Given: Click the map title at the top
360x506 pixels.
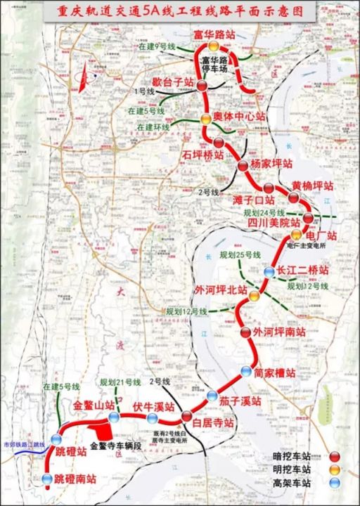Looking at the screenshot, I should point(180,11).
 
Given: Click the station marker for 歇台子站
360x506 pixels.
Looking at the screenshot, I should point(202,86).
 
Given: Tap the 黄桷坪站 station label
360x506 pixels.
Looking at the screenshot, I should point(312,186).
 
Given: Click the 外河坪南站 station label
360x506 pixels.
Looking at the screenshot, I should point(279,331).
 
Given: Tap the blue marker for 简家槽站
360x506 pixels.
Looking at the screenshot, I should point(245,370).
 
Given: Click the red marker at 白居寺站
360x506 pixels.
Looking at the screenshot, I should point(186,416).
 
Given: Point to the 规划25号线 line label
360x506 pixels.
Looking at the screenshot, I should point(239,254).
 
